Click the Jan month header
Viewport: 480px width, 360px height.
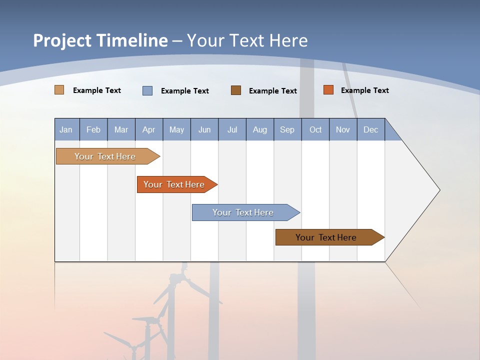[x=66, y=129]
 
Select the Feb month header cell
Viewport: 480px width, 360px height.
[x=93, y=129]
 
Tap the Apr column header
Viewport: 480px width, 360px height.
[x=148, y=129]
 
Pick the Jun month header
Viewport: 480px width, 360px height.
[x=204, y=129]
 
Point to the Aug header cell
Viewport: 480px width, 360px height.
[x=259, y=129]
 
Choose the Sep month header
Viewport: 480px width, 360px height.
[x=287, y=129]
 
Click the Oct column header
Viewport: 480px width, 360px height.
[x=315, y=129]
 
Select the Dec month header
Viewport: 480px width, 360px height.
[x=370, y=129]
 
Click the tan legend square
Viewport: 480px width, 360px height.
[x=59, y=90]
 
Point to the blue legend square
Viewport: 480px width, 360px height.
[x=147, y=90]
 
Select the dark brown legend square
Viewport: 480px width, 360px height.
[x=236, y=90]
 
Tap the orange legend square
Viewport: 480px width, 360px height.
[x=328, y=90]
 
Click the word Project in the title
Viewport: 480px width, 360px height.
[x=62, y=40]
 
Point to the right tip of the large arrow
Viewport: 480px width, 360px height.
[x=439, y=190]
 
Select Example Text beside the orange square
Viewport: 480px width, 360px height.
[x=364, y=90]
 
